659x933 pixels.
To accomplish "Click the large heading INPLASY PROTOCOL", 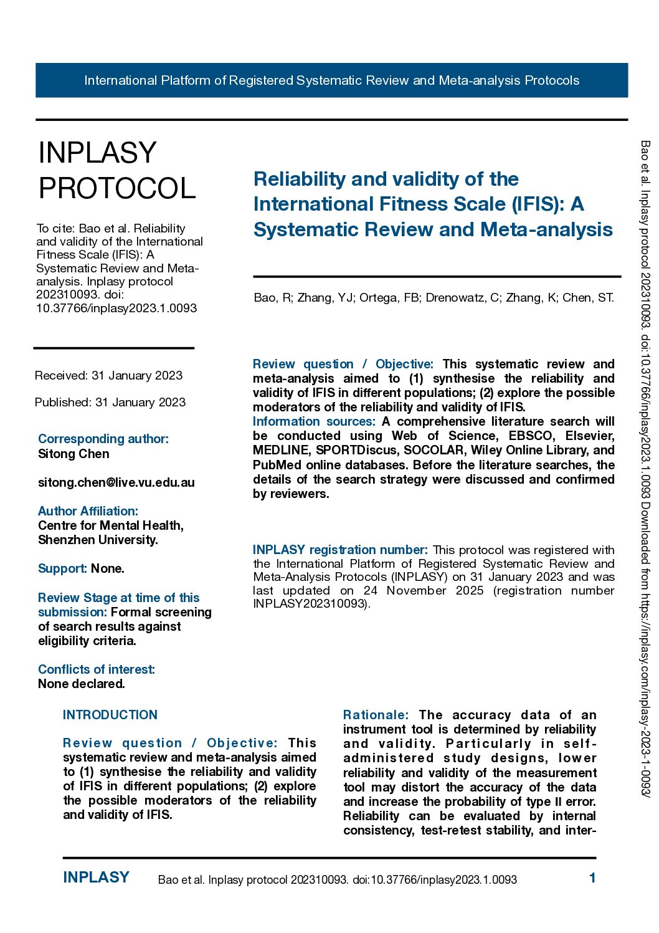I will point(117,170).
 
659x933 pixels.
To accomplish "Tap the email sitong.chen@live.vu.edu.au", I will point(116,482).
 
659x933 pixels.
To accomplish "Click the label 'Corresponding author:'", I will point(103,439).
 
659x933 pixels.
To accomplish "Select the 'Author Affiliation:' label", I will point(88,511).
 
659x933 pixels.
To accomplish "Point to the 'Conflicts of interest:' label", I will point(97,669).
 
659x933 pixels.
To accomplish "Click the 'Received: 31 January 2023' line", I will point(109,375).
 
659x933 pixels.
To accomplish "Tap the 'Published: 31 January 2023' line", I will point(110,402).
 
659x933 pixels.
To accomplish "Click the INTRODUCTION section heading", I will point(110,715).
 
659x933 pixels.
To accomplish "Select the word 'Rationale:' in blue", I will point(376,715).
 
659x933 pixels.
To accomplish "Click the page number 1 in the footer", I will point(592,878).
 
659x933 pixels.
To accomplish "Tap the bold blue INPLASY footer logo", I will point(96,878).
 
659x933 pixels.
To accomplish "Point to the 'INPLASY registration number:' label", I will point(340,550).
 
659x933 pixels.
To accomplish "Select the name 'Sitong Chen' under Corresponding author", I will point(73,454).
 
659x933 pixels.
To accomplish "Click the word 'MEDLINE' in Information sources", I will point(282,450).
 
